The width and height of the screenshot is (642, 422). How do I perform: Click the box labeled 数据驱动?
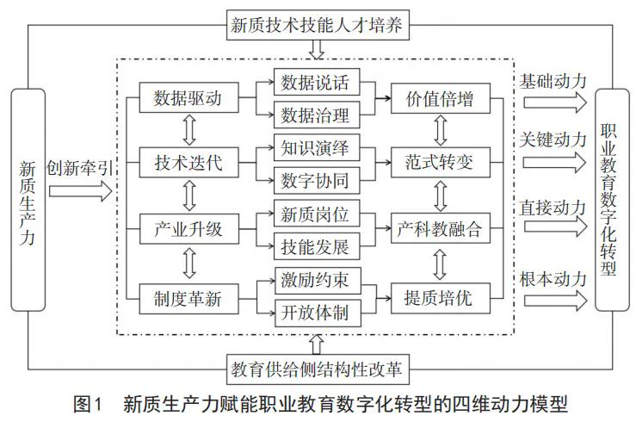(x=188, y=97)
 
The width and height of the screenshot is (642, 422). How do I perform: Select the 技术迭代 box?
(x=188, y=163)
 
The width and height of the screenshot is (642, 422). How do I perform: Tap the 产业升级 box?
(x=188, y=228)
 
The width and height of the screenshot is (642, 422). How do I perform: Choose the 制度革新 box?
(x=188, y=299)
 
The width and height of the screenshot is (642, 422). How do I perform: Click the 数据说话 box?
(x=317, y=82)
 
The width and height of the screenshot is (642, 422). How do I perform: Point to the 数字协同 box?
(x=317, y=180)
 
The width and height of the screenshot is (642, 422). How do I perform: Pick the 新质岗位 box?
(x=317, y=213)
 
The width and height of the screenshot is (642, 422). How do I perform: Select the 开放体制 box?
(x=318, y=313)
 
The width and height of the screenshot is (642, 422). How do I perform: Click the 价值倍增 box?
(x=441, y=98)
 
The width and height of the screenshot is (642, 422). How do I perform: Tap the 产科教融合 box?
(x=441, y=228)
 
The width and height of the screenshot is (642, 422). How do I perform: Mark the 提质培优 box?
(x=441, y=298)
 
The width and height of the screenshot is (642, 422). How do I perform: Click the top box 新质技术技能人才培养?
(x=318, y=25)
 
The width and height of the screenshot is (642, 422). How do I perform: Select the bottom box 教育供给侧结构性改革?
(x=318, y=369)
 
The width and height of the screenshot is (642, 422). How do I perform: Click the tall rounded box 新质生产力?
(x=28, y=200)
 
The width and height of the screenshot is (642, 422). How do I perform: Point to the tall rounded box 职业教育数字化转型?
(x=612, y=200)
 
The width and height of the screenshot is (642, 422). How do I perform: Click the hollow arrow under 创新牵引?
(x=80, y=191)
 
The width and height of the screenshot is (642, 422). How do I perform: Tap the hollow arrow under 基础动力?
(x=555, y=102)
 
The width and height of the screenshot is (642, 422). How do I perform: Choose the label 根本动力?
(x=552, y=279)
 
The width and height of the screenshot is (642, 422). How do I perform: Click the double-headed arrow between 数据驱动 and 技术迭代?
(x=189, y=130)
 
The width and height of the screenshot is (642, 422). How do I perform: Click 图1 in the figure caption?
(x=87, y=405)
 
